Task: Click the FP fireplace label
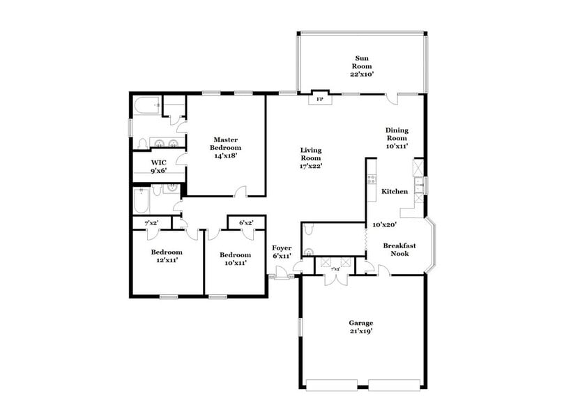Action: (320, 100)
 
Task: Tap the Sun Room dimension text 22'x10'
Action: (363, 74)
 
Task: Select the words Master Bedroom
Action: (227, 144)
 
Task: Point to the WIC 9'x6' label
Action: (158, 165)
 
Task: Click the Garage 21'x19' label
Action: (361, 328)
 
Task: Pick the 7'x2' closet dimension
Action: (151, 222)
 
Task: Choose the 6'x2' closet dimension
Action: (246, 222)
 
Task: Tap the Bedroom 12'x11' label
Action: (167, 257)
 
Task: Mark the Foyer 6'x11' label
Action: (282, 252)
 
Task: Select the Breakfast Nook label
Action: (399, 249)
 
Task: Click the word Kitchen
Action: (394, 191)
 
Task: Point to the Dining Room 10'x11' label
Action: (397, 137)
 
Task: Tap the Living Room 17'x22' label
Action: (311, 158)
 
